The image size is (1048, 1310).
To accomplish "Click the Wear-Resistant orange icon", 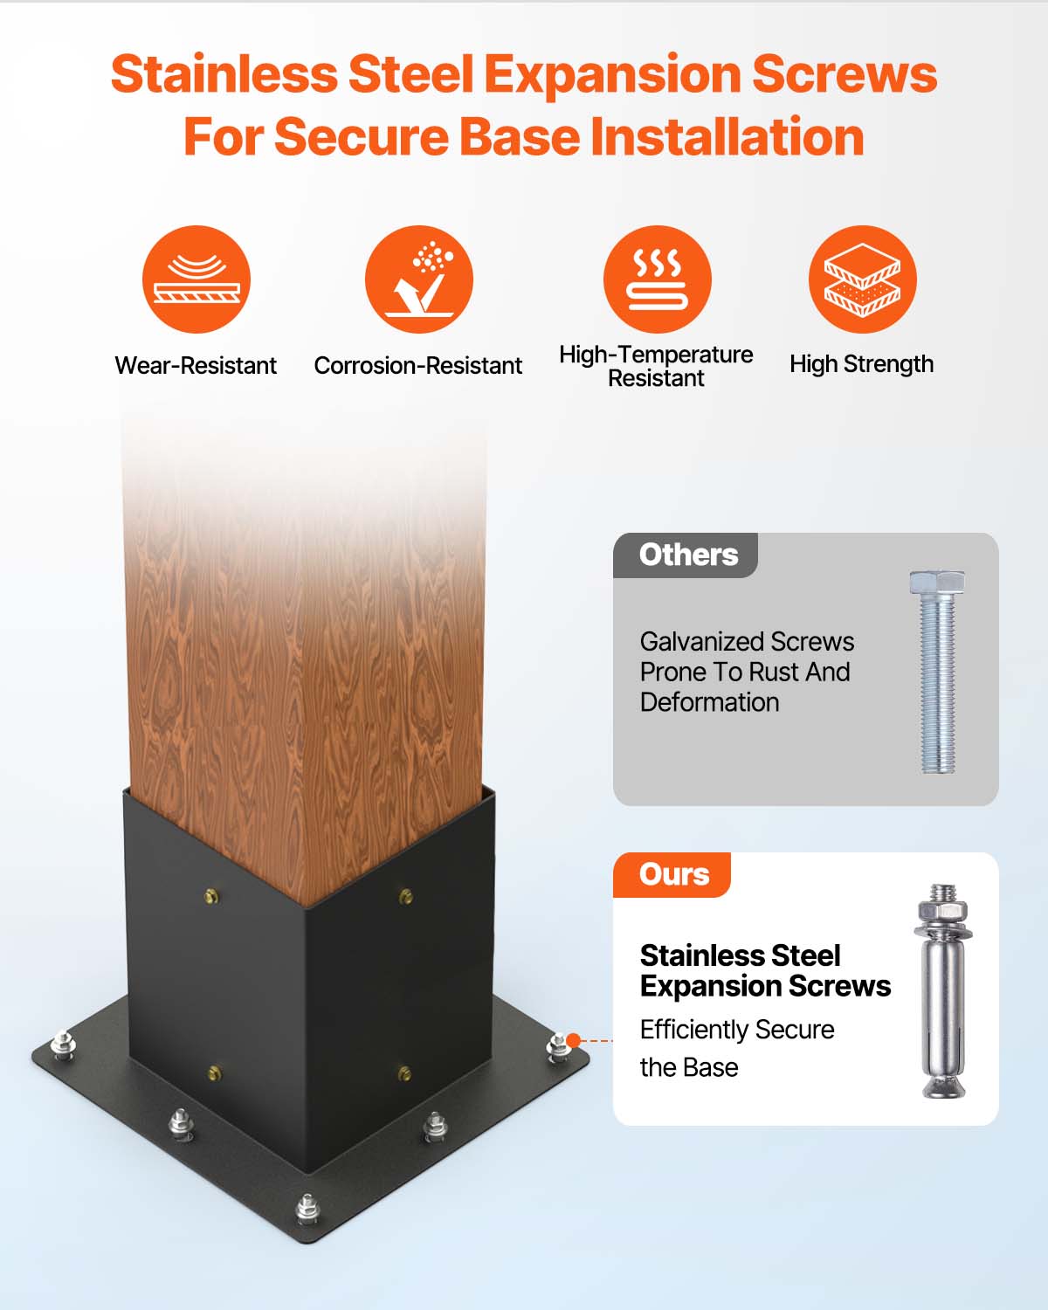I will pyautogui.click(x=196, y=279).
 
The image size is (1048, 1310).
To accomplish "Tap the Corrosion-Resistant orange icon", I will pyautogui.click(x=419, y=279).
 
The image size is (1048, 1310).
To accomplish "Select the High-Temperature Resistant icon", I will pyautogui.click(x=657, y=279).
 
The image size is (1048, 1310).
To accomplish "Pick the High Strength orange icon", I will pyautogui.click(x=862, y=279).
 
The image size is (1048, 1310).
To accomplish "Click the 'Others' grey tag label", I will pyautogui.click(x=686, y=555).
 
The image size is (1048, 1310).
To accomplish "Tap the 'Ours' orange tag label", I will pyautogui.click(x=672, y=875).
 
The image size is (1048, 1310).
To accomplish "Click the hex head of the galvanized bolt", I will pyautogui.click(x=937, y=583).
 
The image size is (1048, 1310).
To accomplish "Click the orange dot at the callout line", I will pyautogui.click(x=574, y=1040).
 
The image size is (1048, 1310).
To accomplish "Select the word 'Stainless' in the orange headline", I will pyautogui.click(x=224, y=74).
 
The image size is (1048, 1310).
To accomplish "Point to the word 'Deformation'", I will pyautogui.click(x=709, y=702).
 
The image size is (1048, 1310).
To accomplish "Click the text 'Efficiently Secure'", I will pyautogui.click(x=737, y=1030).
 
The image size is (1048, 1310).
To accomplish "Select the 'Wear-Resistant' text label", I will pyautogui.click(x=196, y=365).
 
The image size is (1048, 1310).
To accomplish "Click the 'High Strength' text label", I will pyautogui.click(x=861, y=364).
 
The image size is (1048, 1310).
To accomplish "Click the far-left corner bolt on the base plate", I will pyautogui.click(x=61, y=1044).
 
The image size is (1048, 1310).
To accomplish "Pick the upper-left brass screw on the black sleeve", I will pyautogui.click(x=210, y=895).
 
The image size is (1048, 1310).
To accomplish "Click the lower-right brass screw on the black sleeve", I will pyautogui.click(x=404, y=1072).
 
